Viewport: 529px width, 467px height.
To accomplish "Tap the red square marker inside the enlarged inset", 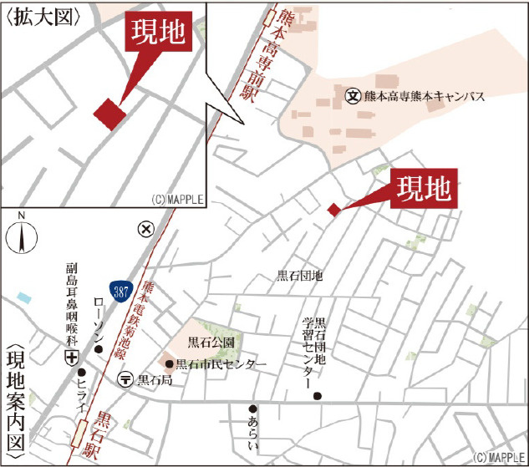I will click(x=109, y=114).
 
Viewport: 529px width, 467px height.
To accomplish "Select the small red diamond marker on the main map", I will click(x=333, y=210).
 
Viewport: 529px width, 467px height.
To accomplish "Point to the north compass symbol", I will click(x=20, y=237).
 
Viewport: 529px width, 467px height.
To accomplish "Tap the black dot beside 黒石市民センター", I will click(x=170, y=364).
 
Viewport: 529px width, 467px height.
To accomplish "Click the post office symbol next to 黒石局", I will click(x=125, y=379).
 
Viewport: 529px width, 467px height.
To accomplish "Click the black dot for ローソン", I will click(x=98, y=349).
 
